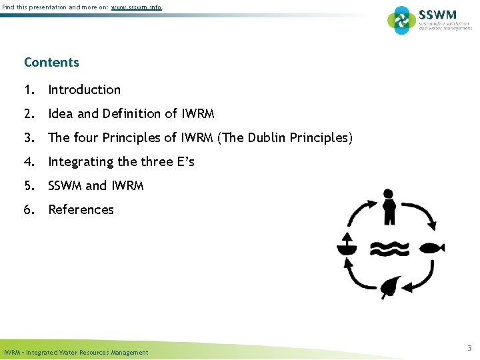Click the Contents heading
[x=51, y=63]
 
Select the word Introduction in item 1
[x=85, y=89]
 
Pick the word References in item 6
[x=81, y=210]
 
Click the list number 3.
[x=29, y=138]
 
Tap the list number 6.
[x=29, y=210]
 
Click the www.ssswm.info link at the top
[x=135, y=7]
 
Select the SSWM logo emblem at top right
[x=401, y=20]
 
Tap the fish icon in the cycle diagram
[x=433, y=247]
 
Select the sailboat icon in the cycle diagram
[x=347, y=246]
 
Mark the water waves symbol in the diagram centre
[x=389, y=248]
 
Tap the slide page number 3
[x=469, y=348]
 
